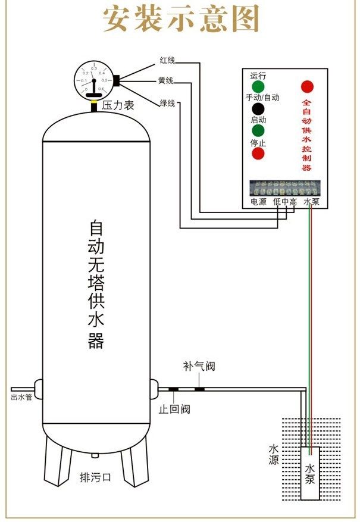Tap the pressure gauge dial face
pyautogui.click(x=93, y=79)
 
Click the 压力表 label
pyautogui.click(x=117, y=105)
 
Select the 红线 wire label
pyautogui.click(x=167, y=60)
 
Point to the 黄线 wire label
pyautogui.click(x=166, y=80)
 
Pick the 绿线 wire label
pyautogui.click(x=167, y=104)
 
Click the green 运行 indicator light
pyautogui.click(x=258, y=86)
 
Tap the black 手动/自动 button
pyautogui.click(x=258, y=109)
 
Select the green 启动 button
pyautogui.click(x=258, y=131)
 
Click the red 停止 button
pyautogui.click(x=258, y=154)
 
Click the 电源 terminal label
pyautogui.click(x=258, y=202)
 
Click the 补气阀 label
pyautogui.click(x=199, y=366)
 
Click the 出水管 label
pyautogui.click(x=21, y=397)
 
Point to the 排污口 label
pyautogui.click(x=95, y=477)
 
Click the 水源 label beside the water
pyautogui.click(x=274, y=454)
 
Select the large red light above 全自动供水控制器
pyautogui.click(x=308, y=86)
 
